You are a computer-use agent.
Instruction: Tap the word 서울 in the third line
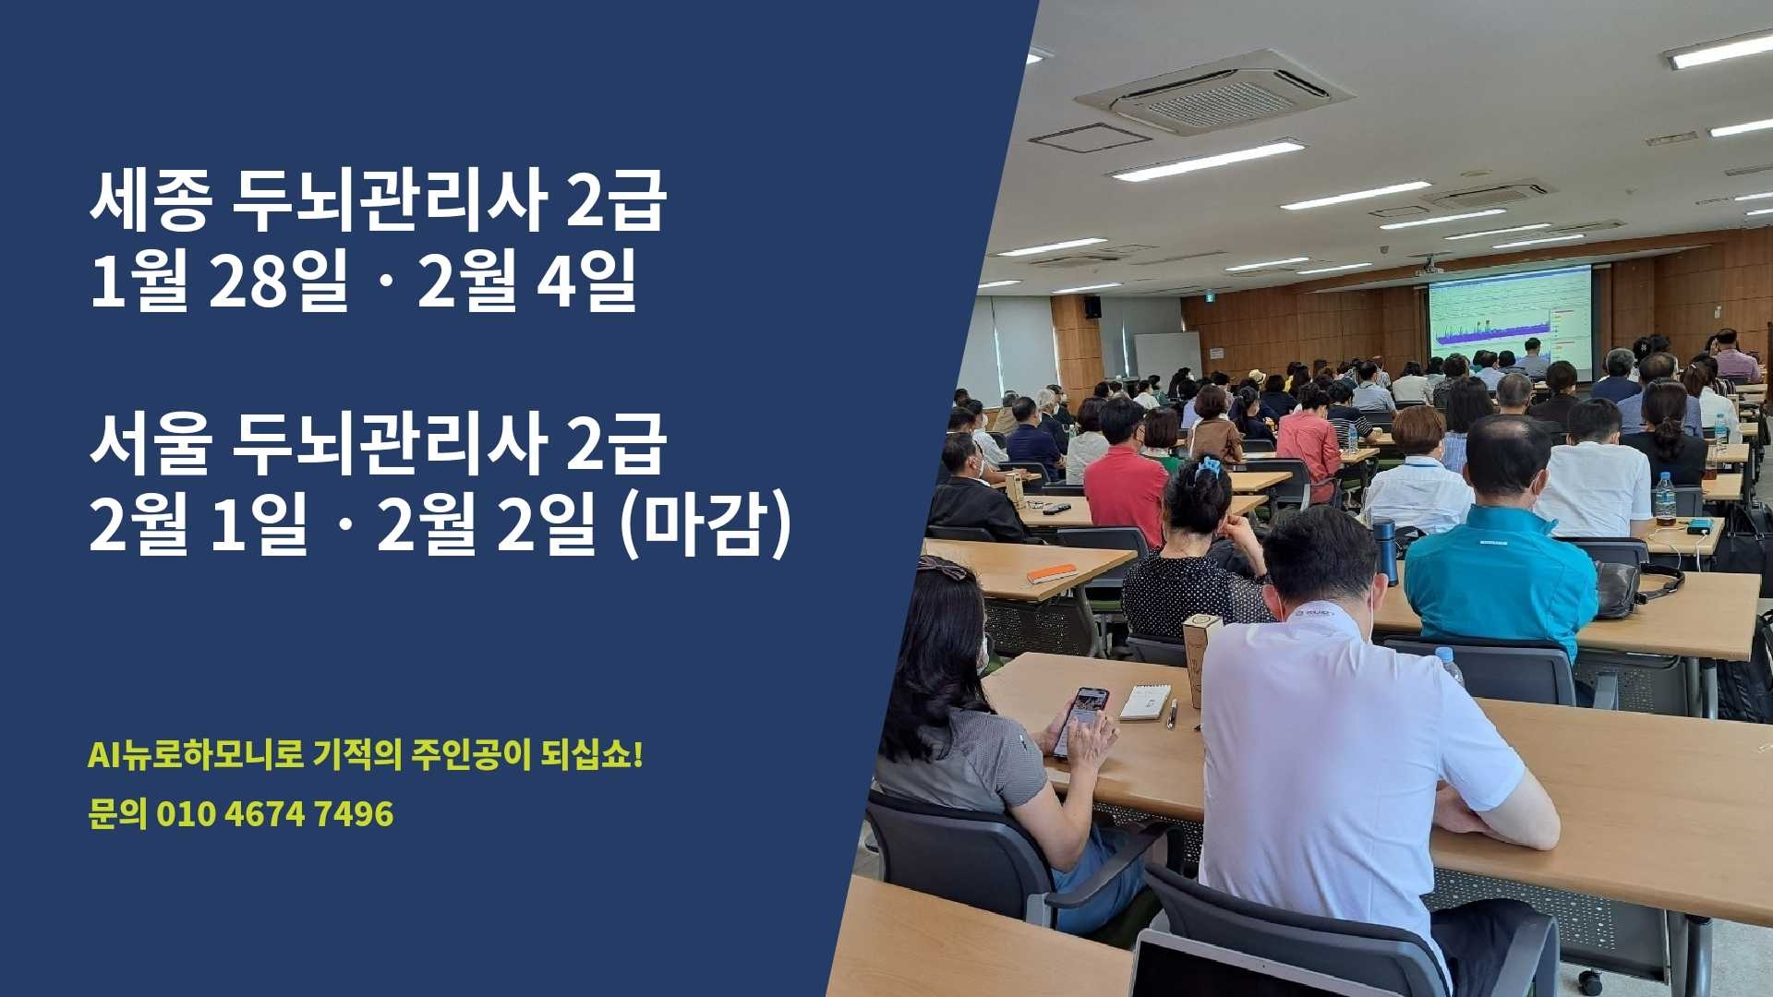(x=149, y=446)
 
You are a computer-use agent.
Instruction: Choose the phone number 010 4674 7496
(x=274, y=814)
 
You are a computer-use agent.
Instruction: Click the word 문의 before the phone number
(x=117, y=814)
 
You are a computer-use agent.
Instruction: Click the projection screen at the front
(x=1510, y=314)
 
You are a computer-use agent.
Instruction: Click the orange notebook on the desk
(x=1052, y=573)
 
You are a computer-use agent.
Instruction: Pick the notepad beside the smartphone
(x=1145, y=702)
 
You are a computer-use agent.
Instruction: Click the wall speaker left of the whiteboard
(x=1092, y=307)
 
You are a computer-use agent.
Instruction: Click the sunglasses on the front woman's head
(x=942, y=567)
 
